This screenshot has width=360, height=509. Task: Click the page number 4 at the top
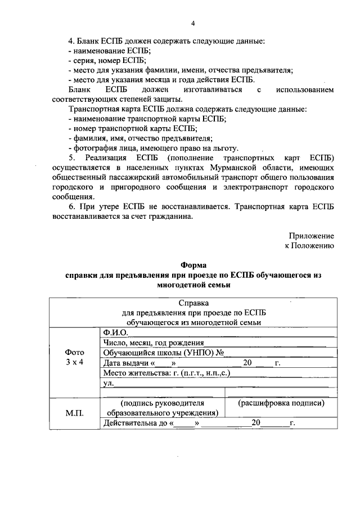[x=193, y=23]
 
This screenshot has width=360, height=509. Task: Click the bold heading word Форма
[x=193, y=265]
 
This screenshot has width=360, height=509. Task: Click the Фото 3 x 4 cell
[x=75, y=357]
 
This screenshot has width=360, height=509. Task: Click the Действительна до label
[x=136, y=424]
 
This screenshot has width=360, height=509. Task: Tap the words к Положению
[x=309, y=245]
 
